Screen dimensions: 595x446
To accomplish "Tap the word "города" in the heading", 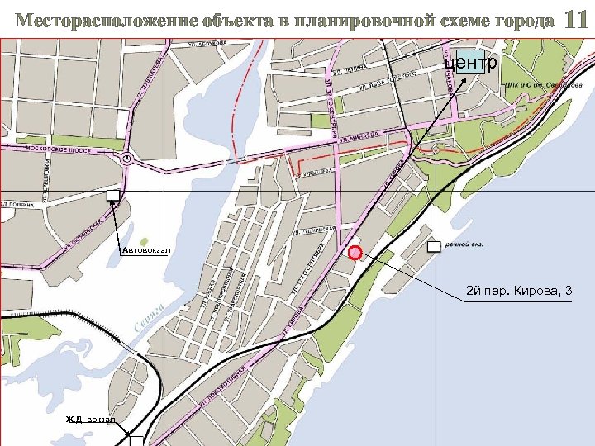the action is (x=518, y=21).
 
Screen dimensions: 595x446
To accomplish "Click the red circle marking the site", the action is (x=355, y=253).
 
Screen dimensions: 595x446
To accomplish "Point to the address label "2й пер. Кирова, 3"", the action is (x=519, y=291).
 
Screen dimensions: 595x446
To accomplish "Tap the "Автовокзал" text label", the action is (x=145, y=249).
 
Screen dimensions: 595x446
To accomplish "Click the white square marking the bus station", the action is (x=112, y=195).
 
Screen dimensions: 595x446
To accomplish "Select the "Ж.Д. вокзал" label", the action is (x=92, y=420).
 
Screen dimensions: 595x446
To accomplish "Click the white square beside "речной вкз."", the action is (x=434, y=246).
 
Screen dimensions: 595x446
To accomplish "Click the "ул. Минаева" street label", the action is (x=358, y=134).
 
